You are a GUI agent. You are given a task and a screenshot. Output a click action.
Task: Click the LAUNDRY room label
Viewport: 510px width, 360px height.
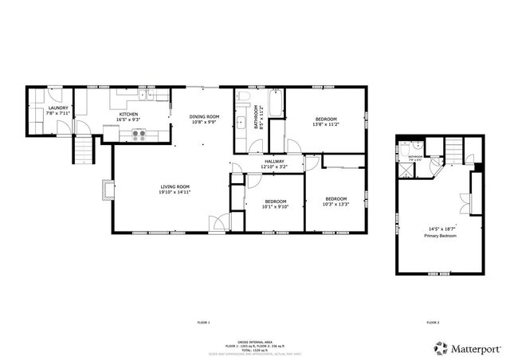58,108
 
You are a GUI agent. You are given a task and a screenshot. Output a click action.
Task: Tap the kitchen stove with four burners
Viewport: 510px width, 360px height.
139,135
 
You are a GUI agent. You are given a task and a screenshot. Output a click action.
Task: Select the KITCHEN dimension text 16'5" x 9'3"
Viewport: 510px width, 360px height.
129,121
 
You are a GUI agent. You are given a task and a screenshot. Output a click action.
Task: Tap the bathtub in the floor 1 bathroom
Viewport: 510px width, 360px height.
276,104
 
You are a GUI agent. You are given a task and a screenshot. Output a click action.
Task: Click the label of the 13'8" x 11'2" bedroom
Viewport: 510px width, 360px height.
325,119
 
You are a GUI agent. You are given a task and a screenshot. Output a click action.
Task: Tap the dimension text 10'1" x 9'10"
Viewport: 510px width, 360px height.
275,206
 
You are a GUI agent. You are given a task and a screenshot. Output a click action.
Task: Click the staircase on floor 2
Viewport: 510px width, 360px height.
453,147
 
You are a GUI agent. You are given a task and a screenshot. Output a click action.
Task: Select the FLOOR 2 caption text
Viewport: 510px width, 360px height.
433,323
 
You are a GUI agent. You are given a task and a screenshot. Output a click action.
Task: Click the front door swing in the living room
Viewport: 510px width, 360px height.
216,222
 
